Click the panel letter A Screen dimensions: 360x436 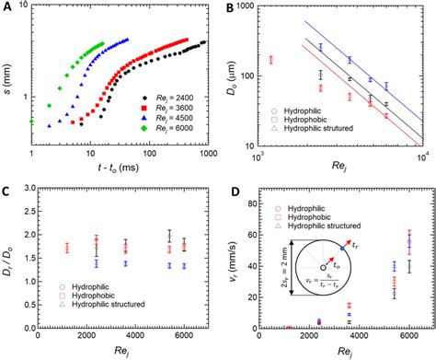(x=6, y=7)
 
